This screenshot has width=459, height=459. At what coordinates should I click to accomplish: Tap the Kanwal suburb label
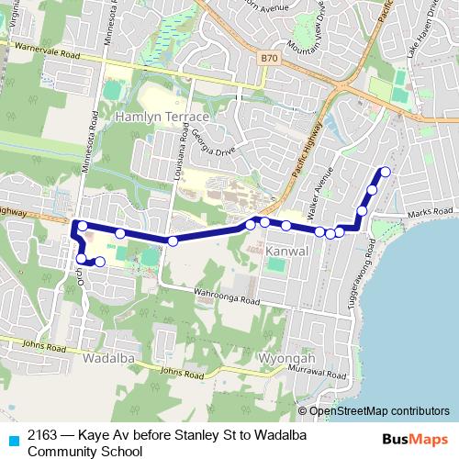283,251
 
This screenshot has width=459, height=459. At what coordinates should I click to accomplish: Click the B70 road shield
268,59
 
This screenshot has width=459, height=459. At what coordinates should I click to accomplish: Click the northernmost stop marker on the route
386,172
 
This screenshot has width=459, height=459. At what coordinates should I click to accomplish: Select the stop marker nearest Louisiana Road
173,241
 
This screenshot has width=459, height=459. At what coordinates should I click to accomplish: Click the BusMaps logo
415,439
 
